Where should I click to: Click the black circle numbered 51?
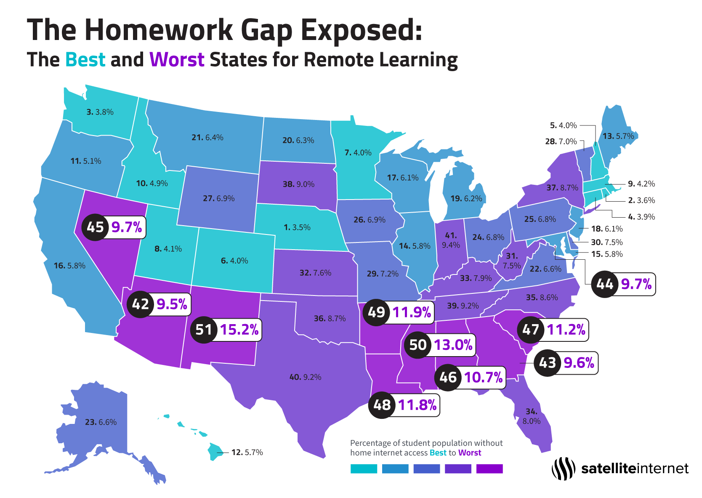204,330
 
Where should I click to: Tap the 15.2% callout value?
239,330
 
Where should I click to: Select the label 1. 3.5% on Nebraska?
297,227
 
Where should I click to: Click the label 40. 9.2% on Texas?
305,377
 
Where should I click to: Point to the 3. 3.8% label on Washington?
100,112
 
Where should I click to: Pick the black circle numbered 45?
95,227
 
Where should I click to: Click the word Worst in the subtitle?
177,60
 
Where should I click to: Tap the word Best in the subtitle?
85,60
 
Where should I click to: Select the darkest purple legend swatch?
489,469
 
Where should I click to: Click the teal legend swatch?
364,469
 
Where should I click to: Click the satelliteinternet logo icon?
563,469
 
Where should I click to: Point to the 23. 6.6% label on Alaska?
101,422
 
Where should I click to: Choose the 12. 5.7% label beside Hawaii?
247,453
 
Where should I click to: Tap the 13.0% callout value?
453,345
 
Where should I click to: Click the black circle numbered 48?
382,405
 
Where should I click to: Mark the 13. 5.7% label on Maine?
618,136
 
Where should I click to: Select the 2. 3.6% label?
641,200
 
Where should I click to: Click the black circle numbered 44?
605,285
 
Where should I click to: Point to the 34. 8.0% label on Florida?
531,416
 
